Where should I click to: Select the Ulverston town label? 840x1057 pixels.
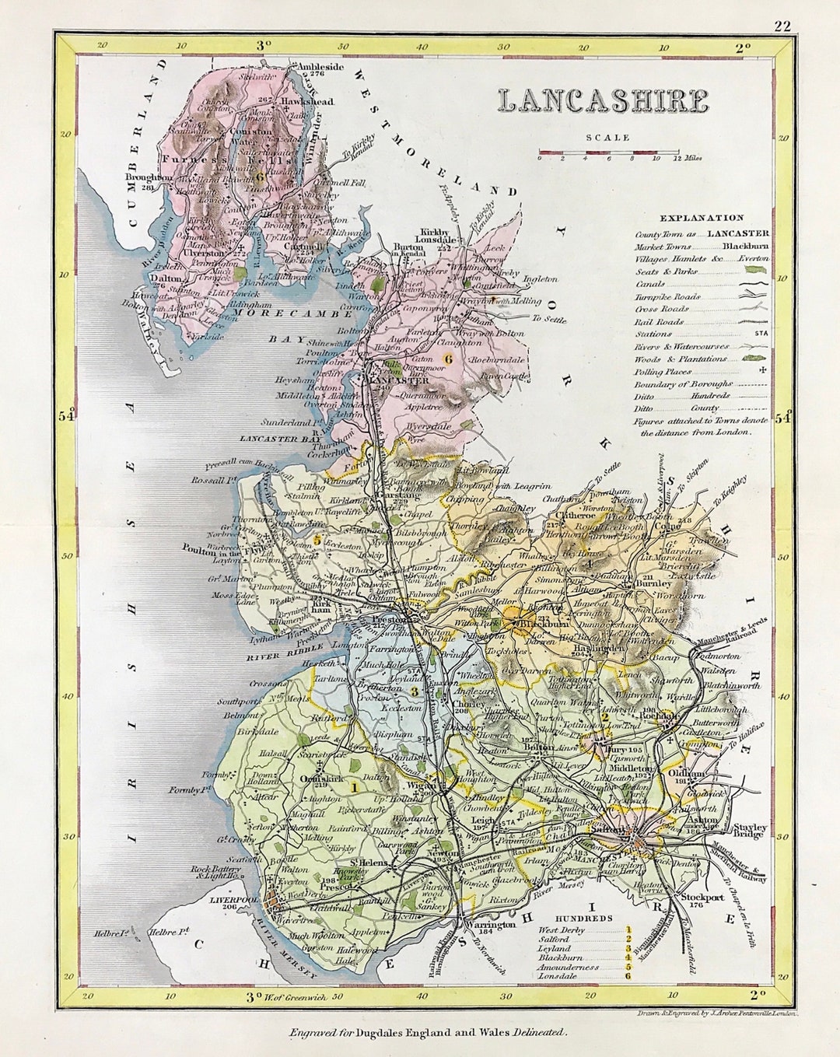point(204,253)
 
